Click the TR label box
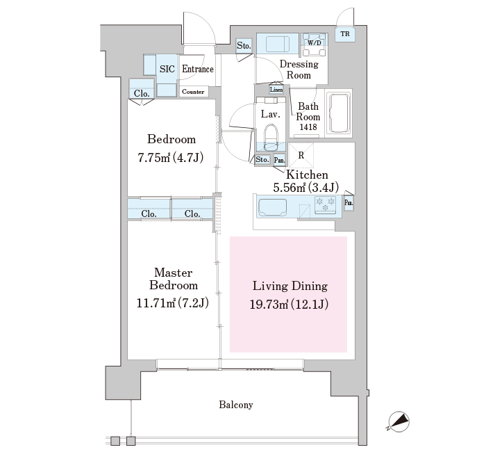click(345, 34)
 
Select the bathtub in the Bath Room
click(338, 113)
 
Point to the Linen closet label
click(276, 90)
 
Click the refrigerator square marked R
click(301, 155)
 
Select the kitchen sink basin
click(272, 207)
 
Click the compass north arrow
click(399, 422)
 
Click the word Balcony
click(236, 405)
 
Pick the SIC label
click(167, 69)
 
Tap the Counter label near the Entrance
click(193, 92)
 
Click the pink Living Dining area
click(288, 294)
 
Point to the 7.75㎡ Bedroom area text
click(171, 158)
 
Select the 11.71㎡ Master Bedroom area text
click(173, 303)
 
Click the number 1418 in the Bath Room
click(308, 127)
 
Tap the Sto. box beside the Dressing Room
click(244, 46)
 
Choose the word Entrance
click(198, 69)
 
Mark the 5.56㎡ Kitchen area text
click(305, 188)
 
